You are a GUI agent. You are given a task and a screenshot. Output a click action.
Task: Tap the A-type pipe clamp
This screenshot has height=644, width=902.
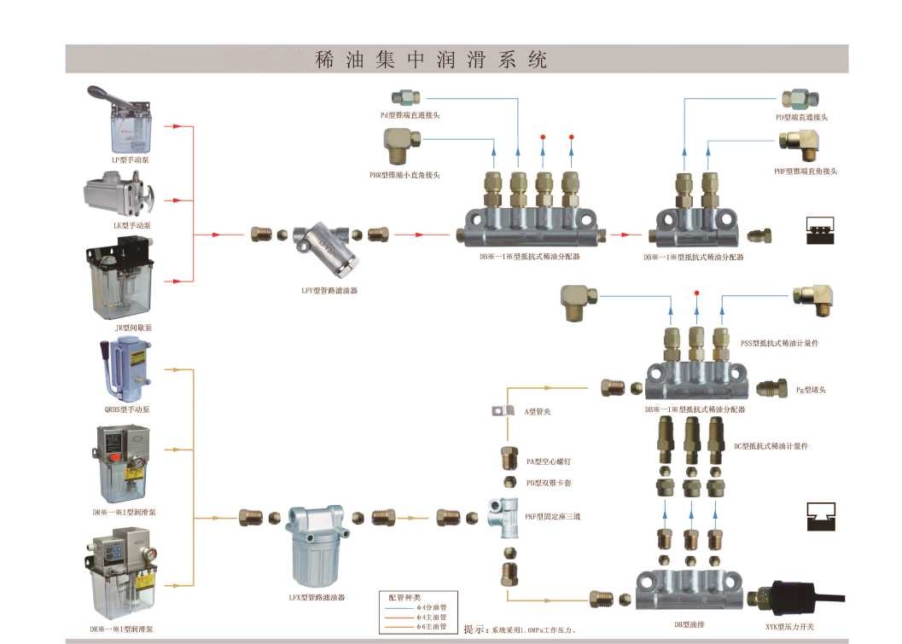coord(503,411)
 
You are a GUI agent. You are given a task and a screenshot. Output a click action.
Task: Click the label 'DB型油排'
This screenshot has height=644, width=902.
coord(690,625)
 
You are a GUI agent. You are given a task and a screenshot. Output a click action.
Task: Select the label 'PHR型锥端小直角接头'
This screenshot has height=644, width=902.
coord(404,175)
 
